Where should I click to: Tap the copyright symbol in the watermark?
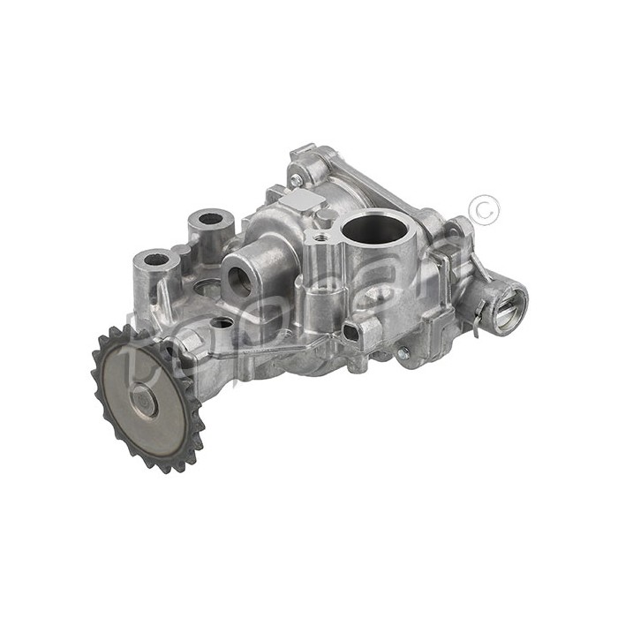coord(486,209)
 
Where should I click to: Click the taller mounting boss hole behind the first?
coord(211,218)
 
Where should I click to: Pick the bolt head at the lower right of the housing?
coord(403,352)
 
